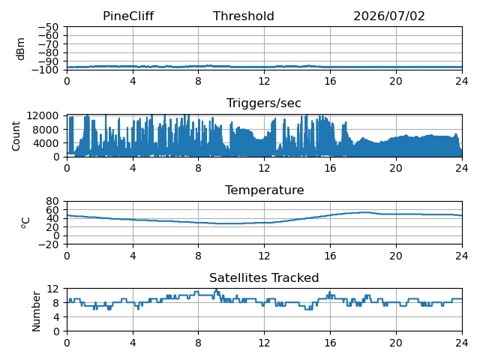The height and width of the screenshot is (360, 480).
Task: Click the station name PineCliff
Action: point(128,16)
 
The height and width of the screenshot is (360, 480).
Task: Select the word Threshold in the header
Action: point(243,16)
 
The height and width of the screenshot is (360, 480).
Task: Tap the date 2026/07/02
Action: point(389,16)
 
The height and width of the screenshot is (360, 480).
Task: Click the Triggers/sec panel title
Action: point(264,103)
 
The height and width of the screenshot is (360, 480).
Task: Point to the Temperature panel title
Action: point(265,190)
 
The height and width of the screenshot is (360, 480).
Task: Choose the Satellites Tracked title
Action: point(264,277)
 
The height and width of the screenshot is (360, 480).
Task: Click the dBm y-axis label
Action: point(20,49)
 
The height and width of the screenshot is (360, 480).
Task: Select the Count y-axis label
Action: point(16,136)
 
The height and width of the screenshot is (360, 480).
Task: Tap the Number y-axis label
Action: point(36,311)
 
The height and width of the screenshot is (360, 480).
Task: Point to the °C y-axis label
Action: point(25,223)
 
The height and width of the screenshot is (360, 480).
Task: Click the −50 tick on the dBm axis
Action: point(48,27)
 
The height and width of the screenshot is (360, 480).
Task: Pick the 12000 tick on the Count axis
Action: point(43,115)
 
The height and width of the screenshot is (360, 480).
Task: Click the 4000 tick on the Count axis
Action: point(46,143)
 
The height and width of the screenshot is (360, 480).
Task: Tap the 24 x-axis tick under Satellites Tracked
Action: point(462,343)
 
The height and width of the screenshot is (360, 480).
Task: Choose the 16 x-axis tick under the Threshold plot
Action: point(330,81)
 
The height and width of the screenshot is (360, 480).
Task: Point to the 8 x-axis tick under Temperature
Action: point(198,255)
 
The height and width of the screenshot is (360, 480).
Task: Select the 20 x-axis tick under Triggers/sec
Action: point(396,168)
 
